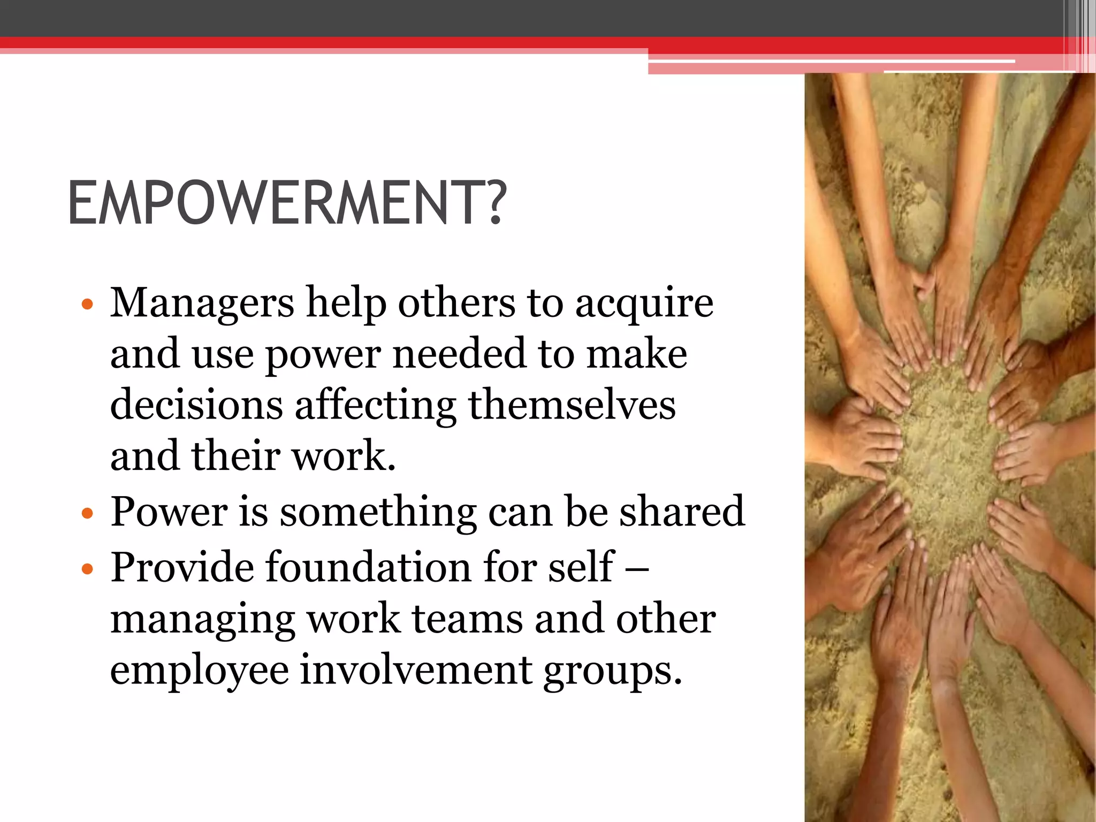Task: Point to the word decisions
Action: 196,405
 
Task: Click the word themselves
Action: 572,405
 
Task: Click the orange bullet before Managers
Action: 87,305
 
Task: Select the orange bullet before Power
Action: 87,514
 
